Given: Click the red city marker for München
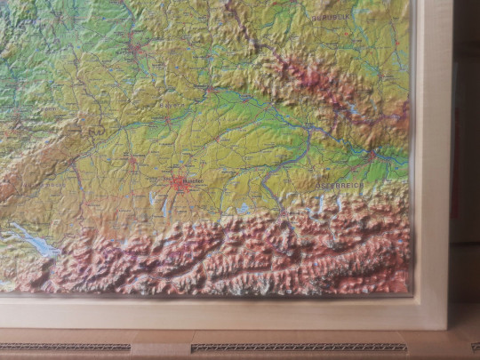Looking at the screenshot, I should [182, 184].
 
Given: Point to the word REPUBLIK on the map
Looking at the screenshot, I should [332, 17].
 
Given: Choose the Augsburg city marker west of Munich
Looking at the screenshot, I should [132, 160].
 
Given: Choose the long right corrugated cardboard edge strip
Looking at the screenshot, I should [298, 347].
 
